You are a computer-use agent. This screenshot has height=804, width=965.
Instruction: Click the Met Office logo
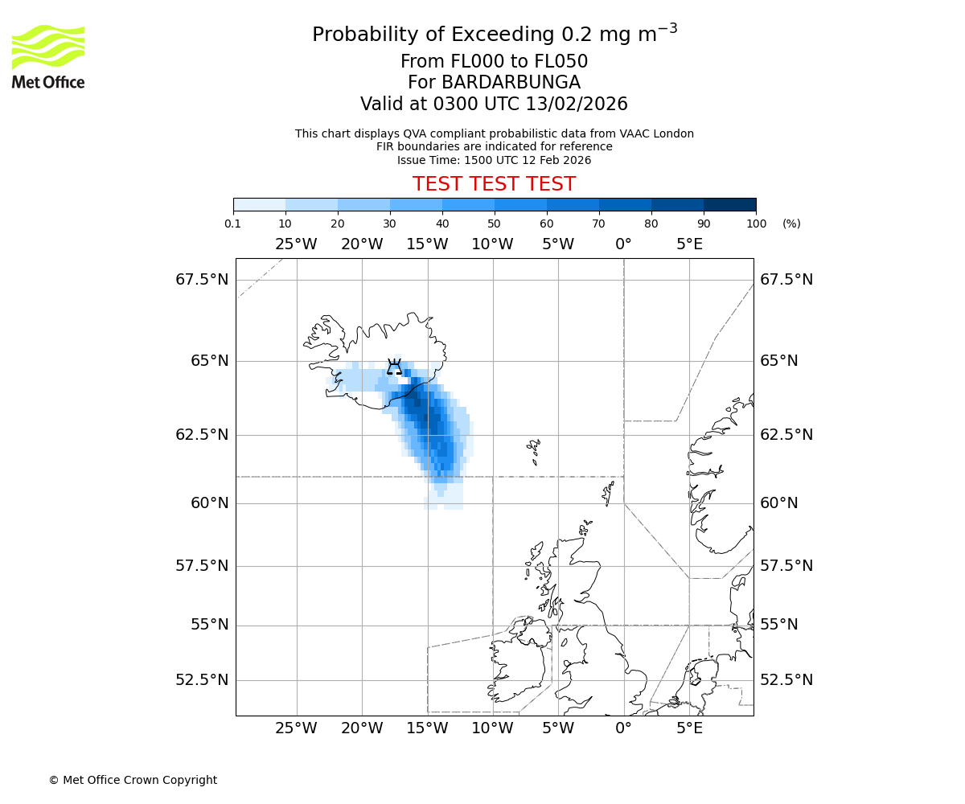point(48,56)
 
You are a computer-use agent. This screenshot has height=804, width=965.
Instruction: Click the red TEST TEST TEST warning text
point(494,185)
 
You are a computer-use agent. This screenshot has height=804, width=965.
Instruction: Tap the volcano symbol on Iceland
point(394,367)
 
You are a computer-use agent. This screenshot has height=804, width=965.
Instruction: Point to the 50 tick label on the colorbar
point(494,224)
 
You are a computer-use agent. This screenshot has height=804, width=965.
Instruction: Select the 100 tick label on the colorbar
point(756,224)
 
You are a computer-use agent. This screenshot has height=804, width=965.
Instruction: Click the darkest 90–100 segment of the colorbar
point(729,204)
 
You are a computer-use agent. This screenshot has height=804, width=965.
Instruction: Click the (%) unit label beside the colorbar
point(791,224)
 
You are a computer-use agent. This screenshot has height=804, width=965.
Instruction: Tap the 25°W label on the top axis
point(296,244)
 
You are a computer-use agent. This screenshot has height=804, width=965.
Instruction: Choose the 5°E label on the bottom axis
point(689,729)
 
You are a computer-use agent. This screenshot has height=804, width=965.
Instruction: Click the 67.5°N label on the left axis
point(202,280)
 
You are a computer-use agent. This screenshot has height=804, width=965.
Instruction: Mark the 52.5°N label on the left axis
point(202,680)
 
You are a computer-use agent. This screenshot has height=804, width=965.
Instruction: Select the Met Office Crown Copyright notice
point(133,780)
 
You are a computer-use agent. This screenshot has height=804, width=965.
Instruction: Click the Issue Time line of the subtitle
point(494,160)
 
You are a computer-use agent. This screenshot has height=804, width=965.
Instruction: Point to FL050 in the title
point(561,62)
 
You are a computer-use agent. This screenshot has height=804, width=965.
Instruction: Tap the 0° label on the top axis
point(623,244)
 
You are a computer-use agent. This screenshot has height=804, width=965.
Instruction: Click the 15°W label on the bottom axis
point(427,729)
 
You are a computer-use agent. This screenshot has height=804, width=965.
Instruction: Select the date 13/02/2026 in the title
point(577,105)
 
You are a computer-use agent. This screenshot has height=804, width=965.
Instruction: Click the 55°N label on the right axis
point(779,625)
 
